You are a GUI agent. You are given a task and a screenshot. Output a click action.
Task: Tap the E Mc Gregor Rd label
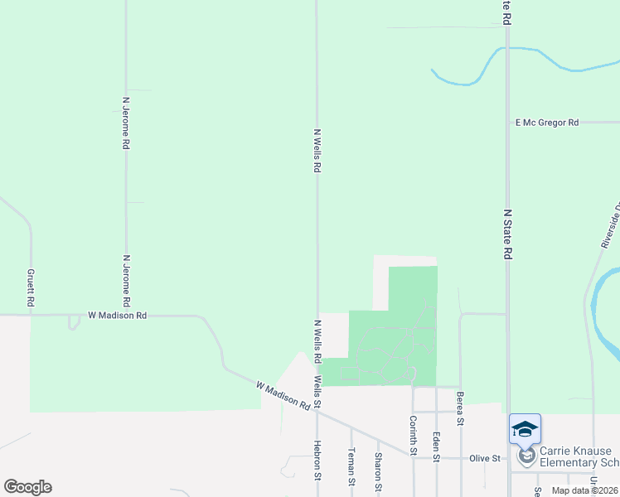pos(546,123)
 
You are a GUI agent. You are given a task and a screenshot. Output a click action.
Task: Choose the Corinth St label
pos(412,435)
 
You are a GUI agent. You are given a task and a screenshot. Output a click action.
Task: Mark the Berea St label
pos(460,409)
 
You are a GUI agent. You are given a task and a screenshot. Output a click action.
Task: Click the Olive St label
pos(486,458)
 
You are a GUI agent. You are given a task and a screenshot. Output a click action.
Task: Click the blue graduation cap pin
pos(525,429)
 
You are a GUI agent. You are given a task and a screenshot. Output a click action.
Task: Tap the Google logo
pos(27,487)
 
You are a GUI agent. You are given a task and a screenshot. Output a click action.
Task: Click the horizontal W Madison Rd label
pos(118,316)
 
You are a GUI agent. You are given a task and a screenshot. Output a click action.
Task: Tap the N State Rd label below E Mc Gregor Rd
pos(507,234)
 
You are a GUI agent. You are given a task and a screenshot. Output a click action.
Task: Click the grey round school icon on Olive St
pos(526,456)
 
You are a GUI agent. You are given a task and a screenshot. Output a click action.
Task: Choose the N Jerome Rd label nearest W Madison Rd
pos(127,279)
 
